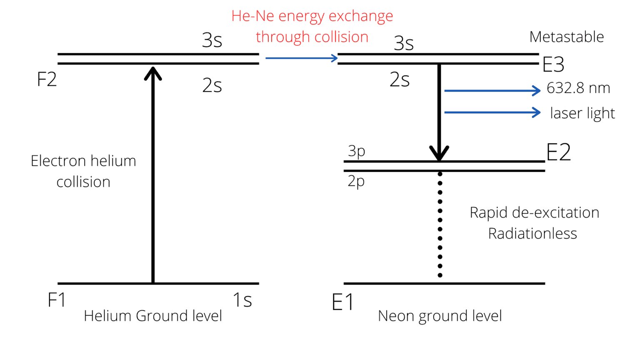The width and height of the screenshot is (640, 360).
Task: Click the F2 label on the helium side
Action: [47, 79]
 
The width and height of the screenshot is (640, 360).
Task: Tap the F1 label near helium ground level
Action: [57, 300]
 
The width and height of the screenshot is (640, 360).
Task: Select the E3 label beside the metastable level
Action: [553, 65]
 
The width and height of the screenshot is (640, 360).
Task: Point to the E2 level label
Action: [558, 152]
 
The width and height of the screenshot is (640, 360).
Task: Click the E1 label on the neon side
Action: [342, 302]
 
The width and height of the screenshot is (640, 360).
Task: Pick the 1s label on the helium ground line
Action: [242, 300]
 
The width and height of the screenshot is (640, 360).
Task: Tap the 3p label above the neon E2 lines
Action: [356, 150]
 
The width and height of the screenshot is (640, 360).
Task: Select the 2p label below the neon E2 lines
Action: [356, 181]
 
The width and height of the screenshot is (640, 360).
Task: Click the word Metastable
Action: [566, 37]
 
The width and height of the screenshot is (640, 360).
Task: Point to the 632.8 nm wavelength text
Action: [578, 88]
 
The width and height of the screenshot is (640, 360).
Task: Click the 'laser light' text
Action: [582, 113]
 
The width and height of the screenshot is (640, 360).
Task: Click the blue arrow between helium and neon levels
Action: [301, 58]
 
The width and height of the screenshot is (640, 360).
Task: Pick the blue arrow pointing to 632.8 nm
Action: [492, 90]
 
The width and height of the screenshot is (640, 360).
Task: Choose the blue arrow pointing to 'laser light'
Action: [492, 112]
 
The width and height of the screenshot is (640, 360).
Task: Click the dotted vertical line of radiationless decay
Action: [440, 225]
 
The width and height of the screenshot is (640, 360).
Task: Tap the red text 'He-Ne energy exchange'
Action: [312, 16]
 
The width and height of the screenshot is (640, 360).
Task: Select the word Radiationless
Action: [532, 234]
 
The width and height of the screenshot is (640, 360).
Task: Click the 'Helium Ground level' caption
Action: [153, 316]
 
